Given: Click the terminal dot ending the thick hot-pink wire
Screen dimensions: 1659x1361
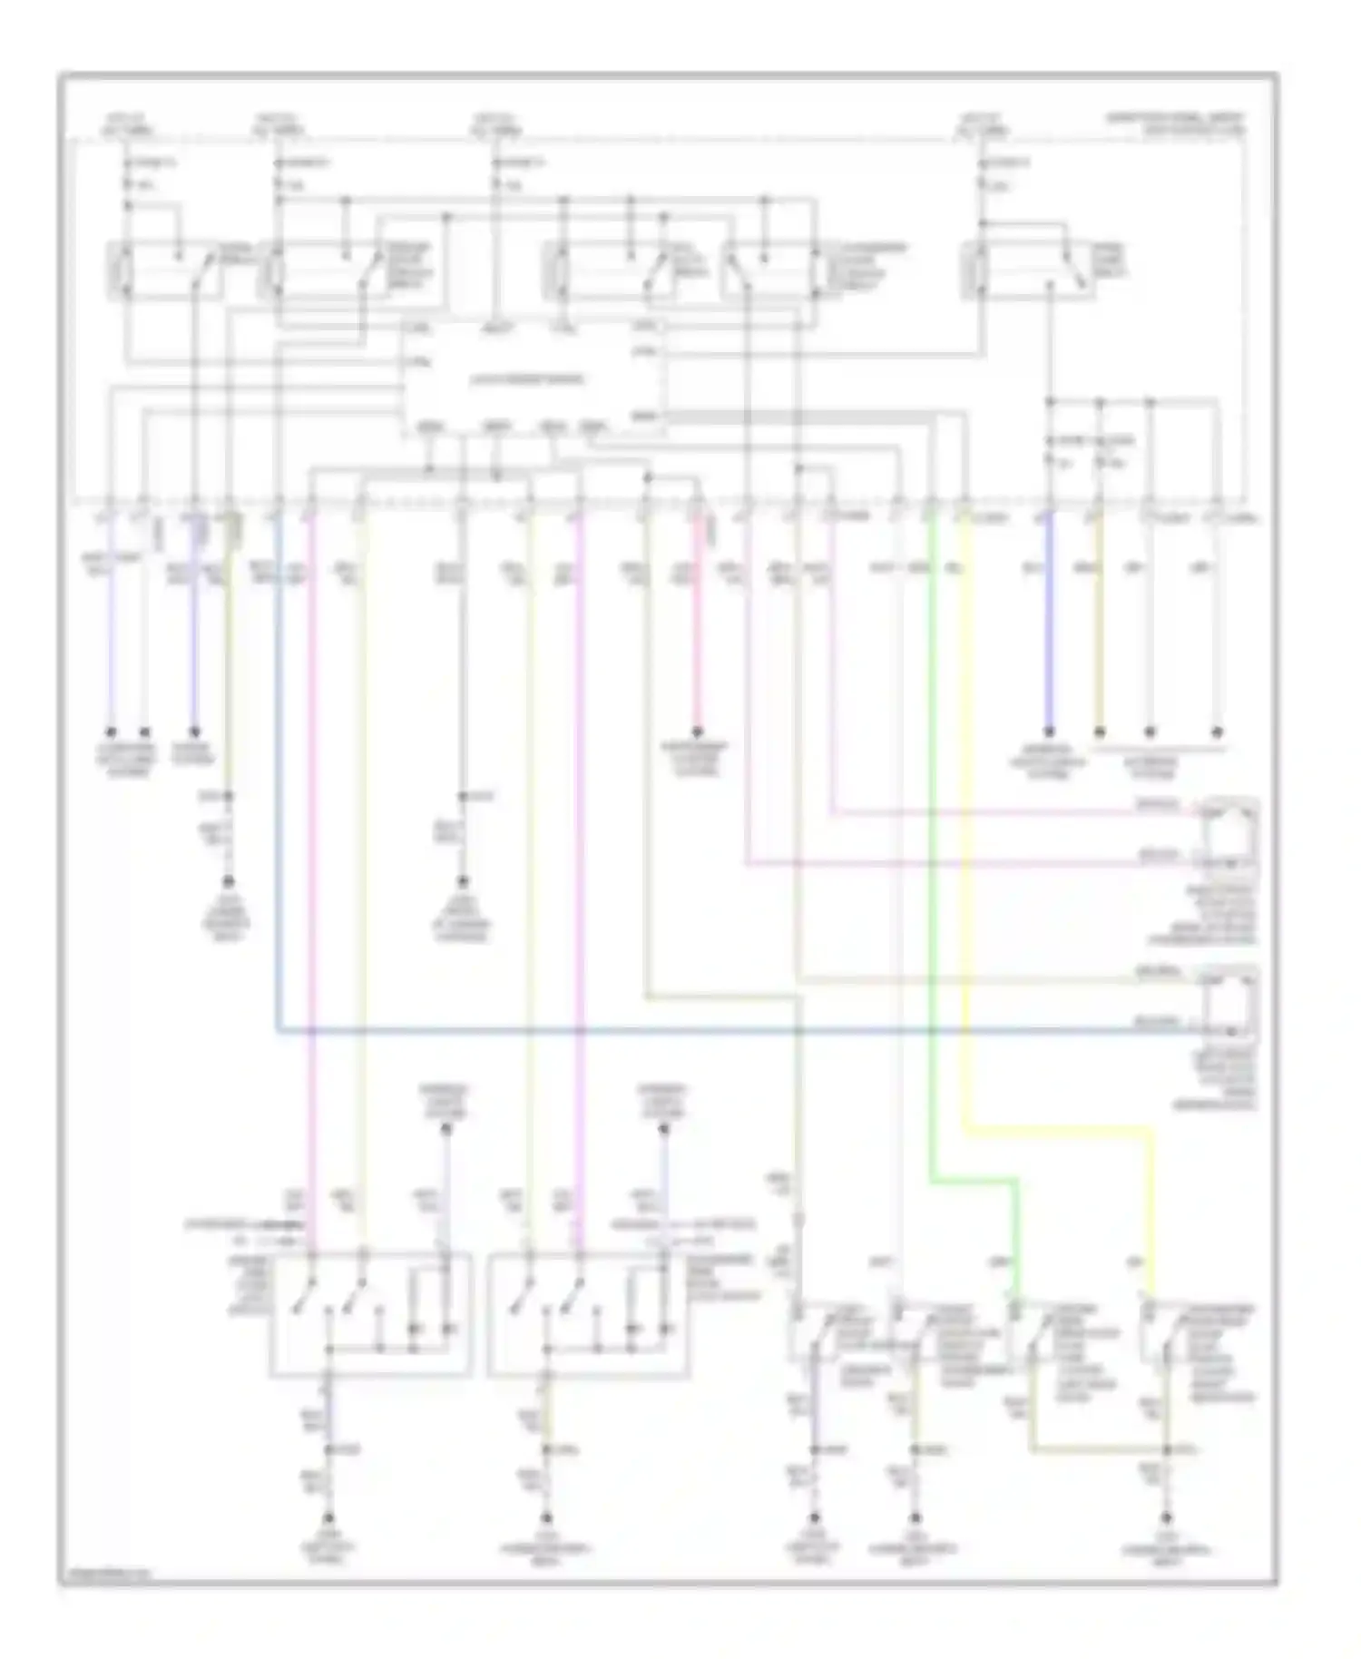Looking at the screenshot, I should pyautogui.click(x=698, y=731).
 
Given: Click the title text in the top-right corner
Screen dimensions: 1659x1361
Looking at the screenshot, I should pyautogui.click(x=1175, y=124).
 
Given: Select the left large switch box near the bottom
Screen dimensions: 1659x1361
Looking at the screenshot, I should pyautogui.click(x=370, y=1313).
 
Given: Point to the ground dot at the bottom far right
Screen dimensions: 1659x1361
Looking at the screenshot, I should pyautogui.click(x=1167, y=1517).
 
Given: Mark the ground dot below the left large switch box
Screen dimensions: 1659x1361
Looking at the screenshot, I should pyautogui.click(x=328, y=1517).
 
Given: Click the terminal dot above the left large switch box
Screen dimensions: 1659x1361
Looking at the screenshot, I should pyautogui.click(x=446, y=1130).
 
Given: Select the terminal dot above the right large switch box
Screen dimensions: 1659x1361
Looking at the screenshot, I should pyautogui.click(x=663, y=1130).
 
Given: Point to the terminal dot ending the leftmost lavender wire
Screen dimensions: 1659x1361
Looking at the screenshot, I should pyautogui.click(x=111, y=731).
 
